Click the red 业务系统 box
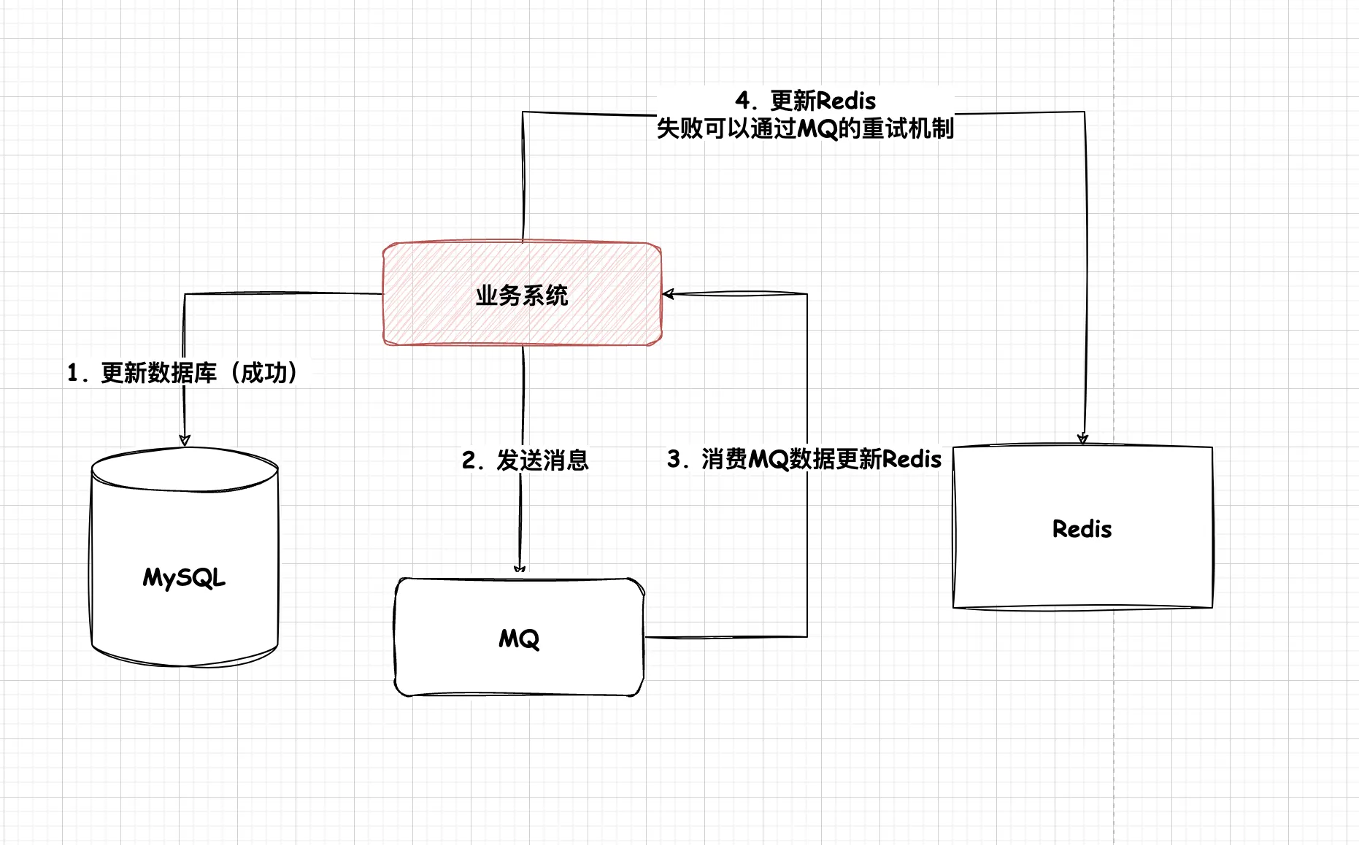pyautogui.click(x=438, y=321)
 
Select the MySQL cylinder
pyautogui.click(x=185, y=620)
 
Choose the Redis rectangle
pyautogui.click(x=1022, y=569)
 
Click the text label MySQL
pyautogui.click(x=184, y=578)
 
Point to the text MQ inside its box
pyautogui.click(x=519, y=639)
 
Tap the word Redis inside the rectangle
pyautogui.click(x=1082, y=529)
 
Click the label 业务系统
pyautogui.click(x=522, y=296)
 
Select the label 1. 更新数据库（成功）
pyautogui.click(x=182, y=373)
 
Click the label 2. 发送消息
pyautogui.click(x=525, y=460)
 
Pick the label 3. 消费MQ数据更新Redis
pyautogui.click(x=804, y=459)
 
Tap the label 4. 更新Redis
pyautogui.click(x=806, y=100)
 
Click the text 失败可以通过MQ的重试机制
pyautogui.click(x=805, y=128)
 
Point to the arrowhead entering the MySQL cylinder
pyautogui.click(x=185, y=439)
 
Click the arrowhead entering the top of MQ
pyautogui.click(x=520, y=569)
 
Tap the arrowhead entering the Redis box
pyautogui.click(x=1083, y=438)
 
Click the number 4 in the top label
pyautogui.click(x=743, y=100)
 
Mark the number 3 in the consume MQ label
pyautogui.click(x=674, y=459)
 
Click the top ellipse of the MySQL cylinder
pyautogui.click(x=185, y=468)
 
